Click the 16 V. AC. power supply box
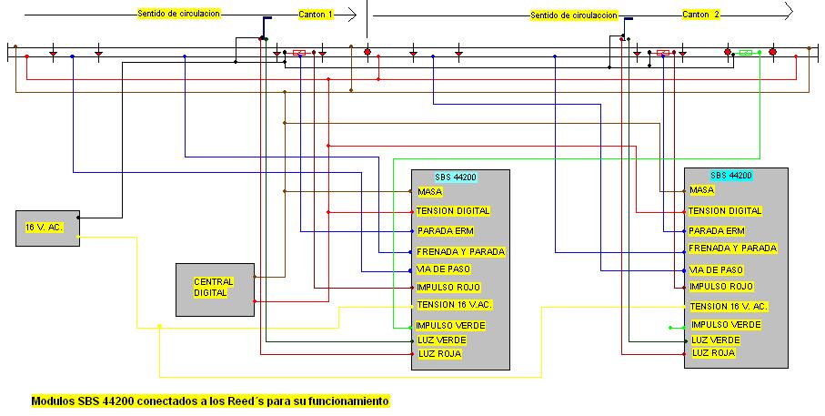pos(48,228)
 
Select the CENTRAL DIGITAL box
pos(215,289)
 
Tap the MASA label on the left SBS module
pos(430,192)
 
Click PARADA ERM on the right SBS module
pos(716,230)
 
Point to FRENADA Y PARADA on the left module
pos(460,252)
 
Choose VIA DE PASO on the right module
pos(716,269)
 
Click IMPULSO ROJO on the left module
pos(448,288)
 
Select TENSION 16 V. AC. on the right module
pos(729,306)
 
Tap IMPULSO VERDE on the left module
pos(450,326)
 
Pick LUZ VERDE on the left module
pos(441,340)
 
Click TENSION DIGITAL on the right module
pos(725,210)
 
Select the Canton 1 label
pos(316,15)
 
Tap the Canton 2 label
pos(700,15)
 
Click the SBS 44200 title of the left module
pos(456,177)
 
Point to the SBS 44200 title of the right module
pos(730,176)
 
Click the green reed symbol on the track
pos(746,52)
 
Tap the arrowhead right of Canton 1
pos(353,15)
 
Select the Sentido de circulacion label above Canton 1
pos(178,14)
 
